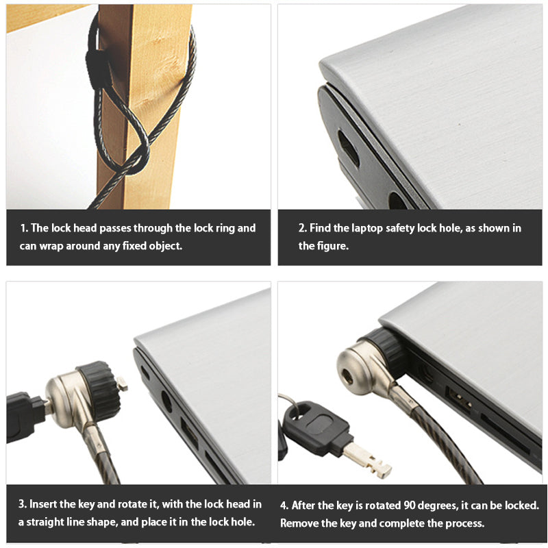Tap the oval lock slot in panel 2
pos(348,149)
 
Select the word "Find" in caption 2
pos(320,228)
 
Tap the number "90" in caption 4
pos(410,506)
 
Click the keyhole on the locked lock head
pos(348,376)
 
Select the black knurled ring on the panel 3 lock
pos(99,390)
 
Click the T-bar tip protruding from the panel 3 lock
pos(123,384)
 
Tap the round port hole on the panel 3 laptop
pos(166,402)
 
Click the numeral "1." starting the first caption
pos(24,228)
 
